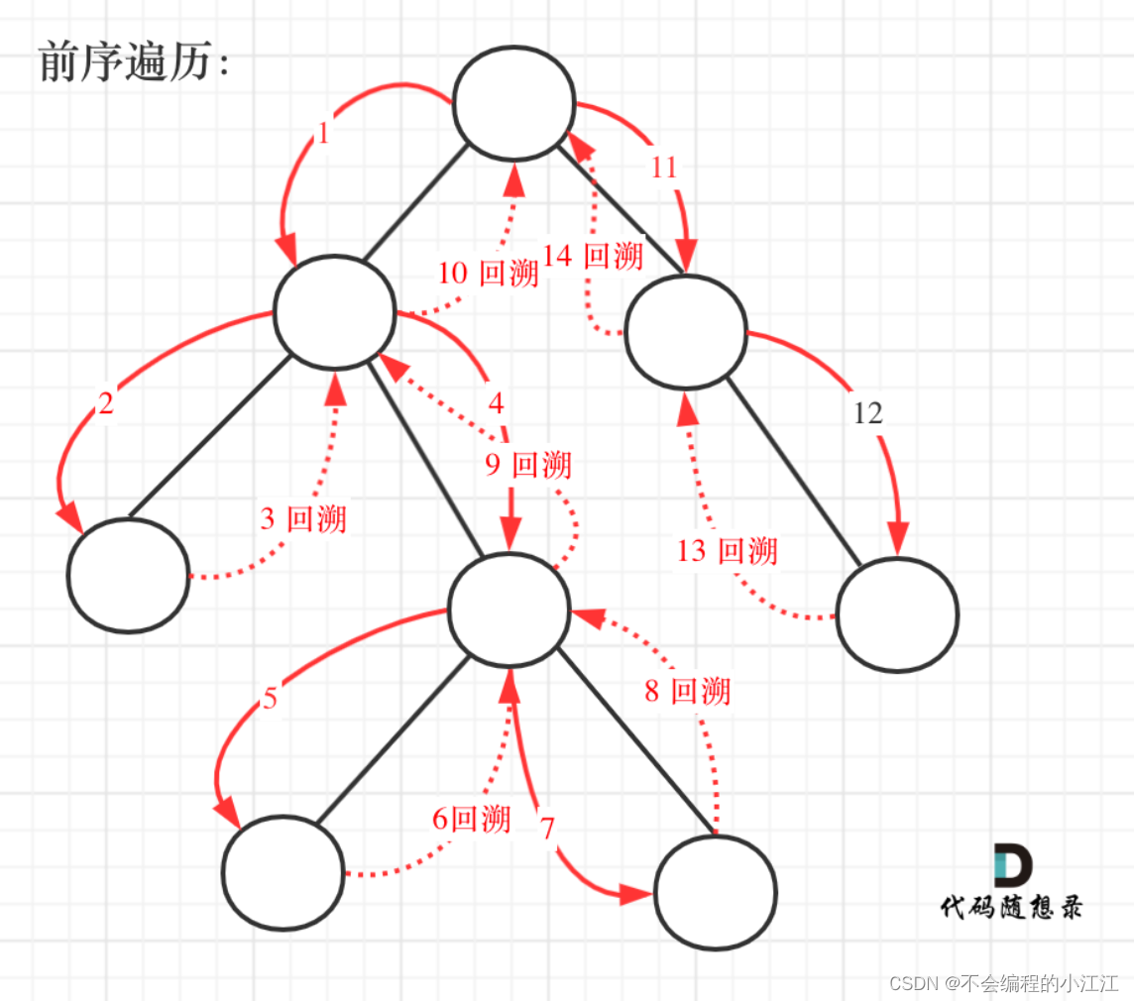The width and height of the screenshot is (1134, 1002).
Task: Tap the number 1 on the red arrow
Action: pyautogui.click(x=323, y=134)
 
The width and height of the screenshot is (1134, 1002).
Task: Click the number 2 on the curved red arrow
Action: pyautogui.click(x=106, y=403)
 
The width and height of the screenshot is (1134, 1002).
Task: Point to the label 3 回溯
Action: pyautogui.click(x=303, y=518)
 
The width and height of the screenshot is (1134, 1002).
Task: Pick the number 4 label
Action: pyautogui.click(x=496, y=403)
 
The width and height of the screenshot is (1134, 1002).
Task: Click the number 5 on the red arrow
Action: pyautogui.click(x=270, y=700)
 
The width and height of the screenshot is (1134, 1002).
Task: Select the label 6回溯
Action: pyautogui.click(x=472, y=819)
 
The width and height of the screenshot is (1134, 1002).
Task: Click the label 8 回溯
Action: pyautogui.click(x=687, y=691)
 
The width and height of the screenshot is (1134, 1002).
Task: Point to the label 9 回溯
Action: pyautogui.click(x=528, y=464)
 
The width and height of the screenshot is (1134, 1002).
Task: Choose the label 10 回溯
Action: pyautogui.click(x=488, y=273)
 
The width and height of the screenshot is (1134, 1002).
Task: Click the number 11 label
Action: pyautogui.click(x=663, y=167)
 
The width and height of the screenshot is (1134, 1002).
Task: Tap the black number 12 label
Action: pyautogui.click(x=867, y=413)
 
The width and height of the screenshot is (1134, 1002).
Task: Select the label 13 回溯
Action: pyautogui.click(x=727, y=550)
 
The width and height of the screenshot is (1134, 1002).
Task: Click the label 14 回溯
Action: pyautogui.click(x=593, y=256)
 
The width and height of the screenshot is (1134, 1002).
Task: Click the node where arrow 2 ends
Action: pyautogui.click(x=128, y=575)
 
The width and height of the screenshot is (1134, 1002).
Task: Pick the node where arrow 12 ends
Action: pyautogui.click(x=897, y=614)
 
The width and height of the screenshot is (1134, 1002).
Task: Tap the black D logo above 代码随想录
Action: pyautogui.click(x=1012, y=865)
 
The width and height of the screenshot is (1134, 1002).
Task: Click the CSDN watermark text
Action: pyautogui.click(x=1002, y=982)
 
